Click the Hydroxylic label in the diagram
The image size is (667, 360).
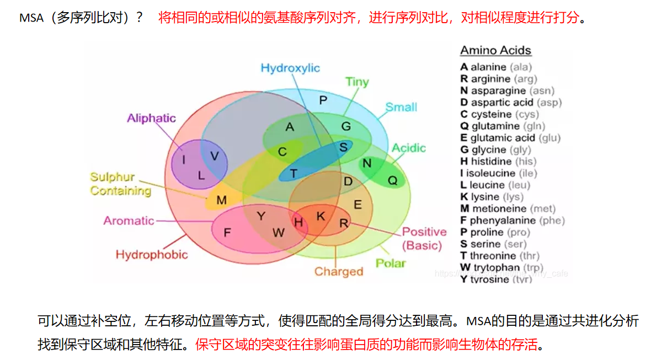[x=290, y=68]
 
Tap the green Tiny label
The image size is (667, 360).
[x=356, y=82]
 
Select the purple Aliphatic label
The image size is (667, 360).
[x=151, y=118]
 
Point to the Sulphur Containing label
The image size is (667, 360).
[x=120, y=184]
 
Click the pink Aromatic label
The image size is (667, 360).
[x=129, y=221]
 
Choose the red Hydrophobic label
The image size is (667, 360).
[x=151, y=254]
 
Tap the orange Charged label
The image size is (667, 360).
[x=339, y=271]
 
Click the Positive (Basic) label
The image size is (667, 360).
[x=423, y=238]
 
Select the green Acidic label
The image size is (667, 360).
[x=408, y=148]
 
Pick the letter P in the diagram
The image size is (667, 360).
[x=323, y=100]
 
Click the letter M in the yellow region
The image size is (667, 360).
[x=221, y=200]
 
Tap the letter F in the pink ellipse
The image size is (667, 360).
[x=227, y=232]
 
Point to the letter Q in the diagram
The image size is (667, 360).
[x=392, y=180]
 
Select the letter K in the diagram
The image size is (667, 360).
[x=320, y=217]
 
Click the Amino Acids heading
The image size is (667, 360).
[x=495, y=51]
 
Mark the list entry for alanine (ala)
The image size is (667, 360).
[x=496, y=67]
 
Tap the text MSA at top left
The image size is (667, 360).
[x=31, y=18]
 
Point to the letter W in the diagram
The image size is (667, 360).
[x=278, y=233]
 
